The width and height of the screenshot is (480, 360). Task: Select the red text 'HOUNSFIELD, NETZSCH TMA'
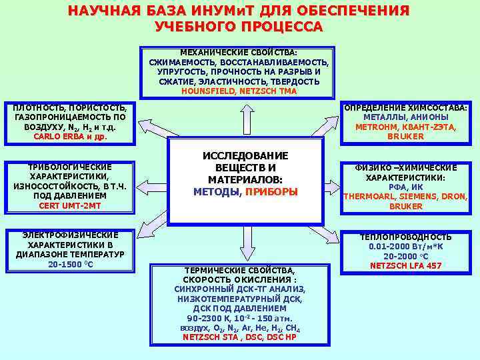tap(239, 91)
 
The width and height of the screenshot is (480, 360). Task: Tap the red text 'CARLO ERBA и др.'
tap(70, 137)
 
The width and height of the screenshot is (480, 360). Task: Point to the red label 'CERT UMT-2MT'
tap(70, 206)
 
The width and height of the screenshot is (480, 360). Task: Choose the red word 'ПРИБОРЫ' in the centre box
tap(271, 192)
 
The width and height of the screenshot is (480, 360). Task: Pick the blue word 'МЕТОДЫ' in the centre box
tap(216, 192)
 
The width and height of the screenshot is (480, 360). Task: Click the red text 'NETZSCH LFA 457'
tap(406, 265)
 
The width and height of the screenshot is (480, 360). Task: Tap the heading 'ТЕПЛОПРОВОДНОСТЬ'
tap(406, 237)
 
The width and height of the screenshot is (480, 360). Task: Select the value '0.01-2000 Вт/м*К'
tap(406, 247)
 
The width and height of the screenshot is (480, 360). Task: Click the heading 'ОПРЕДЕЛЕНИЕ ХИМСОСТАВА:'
tap(406, 108)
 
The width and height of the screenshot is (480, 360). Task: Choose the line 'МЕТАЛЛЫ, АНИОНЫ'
tap(406, 117)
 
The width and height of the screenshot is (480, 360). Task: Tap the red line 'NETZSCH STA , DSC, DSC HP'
tap(239, 337)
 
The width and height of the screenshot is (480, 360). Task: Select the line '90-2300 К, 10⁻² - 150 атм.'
tap(239, 319)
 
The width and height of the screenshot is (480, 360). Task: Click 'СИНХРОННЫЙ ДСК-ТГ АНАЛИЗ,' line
tap(239, 289)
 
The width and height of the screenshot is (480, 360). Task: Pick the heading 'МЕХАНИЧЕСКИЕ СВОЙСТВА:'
tap(239, 52)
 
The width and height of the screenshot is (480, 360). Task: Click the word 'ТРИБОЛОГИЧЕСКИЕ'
tap(70, 167)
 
